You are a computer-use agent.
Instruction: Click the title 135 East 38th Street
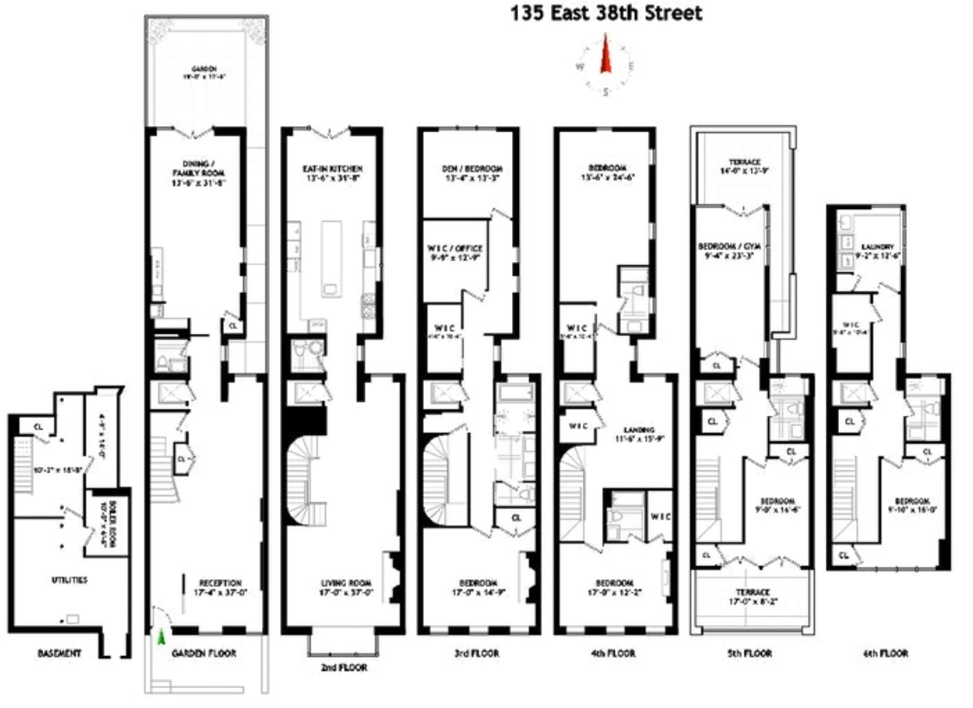coord(605,13)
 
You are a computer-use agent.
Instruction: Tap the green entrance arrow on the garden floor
coord(161,637)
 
